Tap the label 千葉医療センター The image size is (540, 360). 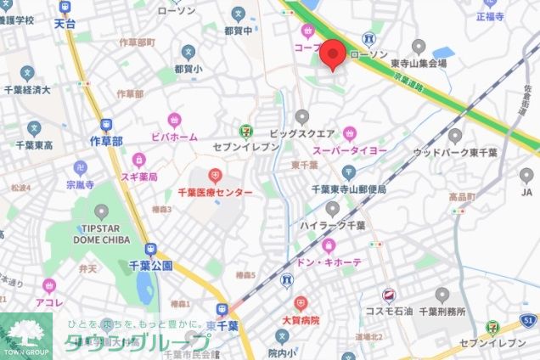tap(216, 194)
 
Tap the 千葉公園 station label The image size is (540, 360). tap(151, 265)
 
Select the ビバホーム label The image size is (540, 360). tap(174, 136)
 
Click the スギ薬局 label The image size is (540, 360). tap(139, 177)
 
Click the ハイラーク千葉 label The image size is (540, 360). tap(333, 226)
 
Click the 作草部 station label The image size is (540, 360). tap(106, 140)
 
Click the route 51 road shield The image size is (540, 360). tap(528, 319)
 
